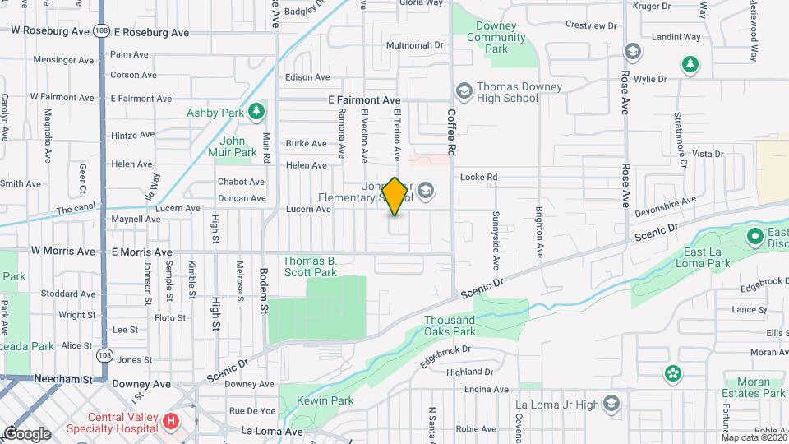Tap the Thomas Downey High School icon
tap(463, 89)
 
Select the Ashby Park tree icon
tap(258, 109)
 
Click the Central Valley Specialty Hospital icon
tap(171, 423)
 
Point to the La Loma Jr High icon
tap(611, 403)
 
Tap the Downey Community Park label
tap(496, 37)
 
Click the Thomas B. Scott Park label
tap(310, 266)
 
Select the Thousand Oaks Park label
tap(450, 326)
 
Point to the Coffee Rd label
tap(451, 133)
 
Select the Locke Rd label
tap(479, 177)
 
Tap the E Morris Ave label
tap(141, 252)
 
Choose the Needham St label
tap(62, 379)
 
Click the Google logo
tap(26, 433)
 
